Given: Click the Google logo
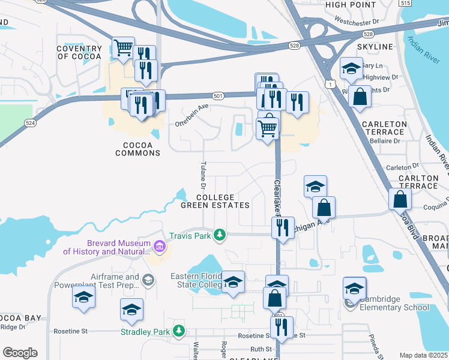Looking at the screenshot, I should coord(19,352).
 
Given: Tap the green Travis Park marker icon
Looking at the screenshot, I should coord(220,235).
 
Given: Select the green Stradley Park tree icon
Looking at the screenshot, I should coord(178,331).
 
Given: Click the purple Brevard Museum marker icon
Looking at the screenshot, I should coord(159,246).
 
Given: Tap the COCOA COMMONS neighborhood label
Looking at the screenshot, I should coord(133,149).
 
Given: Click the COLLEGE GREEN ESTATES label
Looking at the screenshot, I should coord(215,201).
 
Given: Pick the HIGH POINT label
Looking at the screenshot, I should coord(350,5).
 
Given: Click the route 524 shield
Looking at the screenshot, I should coord(30,122).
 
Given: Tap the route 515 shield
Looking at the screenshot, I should coord(423,4).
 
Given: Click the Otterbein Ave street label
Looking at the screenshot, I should coord(191,115).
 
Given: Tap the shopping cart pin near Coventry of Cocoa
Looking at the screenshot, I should coord(123,46).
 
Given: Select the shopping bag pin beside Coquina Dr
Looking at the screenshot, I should coord(399,199).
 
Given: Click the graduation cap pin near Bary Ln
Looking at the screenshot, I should coord(351,68).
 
